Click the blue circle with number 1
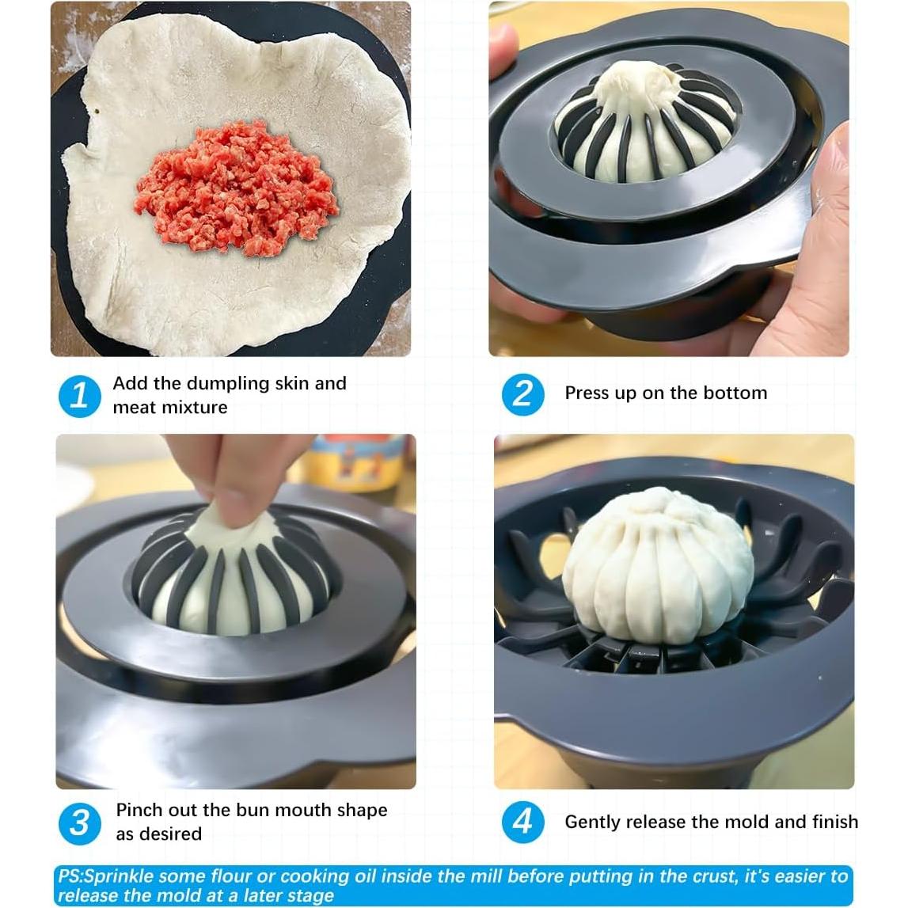79,395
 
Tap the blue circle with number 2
522,393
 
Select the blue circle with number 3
79,823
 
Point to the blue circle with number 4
522,822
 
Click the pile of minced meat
235,188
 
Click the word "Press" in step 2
587,393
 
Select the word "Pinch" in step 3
139,811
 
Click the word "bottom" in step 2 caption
738,393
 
